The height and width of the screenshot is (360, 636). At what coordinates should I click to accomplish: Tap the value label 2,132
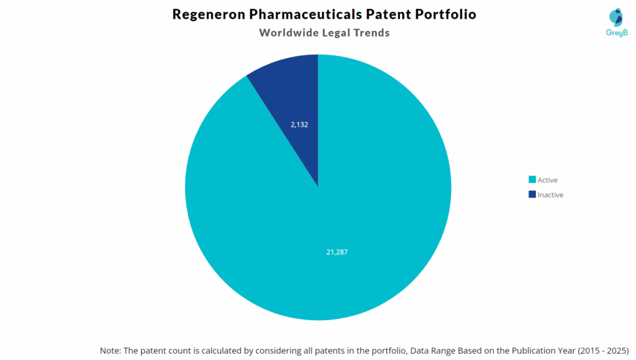pos(299,124)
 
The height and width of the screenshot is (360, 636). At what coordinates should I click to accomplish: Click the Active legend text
pos(548,180)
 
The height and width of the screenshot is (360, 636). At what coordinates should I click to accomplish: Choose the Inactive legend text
pos(550,195)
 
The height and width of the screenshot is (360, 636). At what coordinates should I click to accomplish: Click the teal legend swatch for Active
pos(532,180)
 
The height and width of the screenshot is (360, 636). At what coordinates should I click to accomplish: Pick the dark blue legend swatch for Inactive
pos(532,195)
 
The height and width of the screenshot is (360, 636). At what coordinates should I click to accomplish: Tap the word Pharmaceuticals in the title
pos(308,14)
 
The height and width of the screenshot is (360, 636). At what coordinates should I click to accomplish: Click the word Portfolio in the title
pos(448,14)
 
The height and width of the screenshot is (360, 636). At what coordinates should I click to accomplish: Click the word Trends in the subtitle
pos(371,33)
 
